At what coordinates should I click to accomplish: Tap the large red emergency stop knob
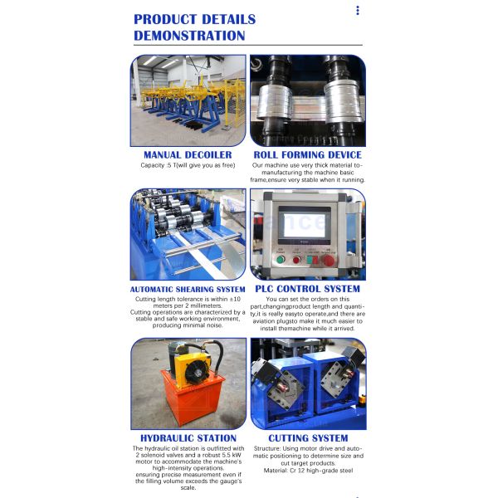click(329, 260)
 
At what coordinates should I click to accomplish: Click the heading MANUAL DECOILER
click(188, 154)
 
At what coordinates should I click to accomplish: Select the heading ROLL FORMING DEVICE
click(308, 154)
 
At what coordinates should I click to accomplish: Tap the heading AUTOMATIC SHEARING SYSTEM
click(188, 289)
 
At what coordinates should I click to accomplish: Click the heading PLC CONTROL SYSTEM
click(308, 289)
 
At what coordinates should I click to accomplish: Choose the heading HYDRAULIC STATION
click(188, 437)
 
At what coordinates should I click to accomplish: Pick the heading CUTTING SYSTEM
click(308, 437)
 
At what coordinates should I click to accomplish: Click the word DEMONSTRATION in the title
click(189, 36)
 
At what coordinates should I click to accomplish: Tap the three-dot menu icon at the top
click(358, 11)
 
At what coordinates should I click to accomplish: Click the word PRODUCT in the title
click(166, 19)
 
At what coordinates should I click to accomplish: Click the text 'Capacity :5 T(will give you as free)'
click(188, 165)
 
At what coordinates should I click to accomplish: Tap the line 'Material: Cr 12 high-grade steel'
click(308, 471)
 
